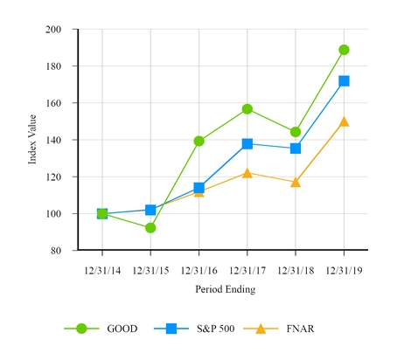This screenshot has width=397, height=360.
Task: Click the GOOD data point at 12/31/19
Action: click(344, 50)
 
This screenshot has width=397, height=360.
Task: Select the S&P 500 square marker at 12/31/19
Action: click(344, 81)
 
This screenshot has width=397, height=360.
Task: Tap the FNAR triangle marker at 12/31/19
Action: click(344, 121)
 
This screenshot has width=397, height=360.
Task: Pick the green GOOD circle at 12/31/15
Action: click(150, 228)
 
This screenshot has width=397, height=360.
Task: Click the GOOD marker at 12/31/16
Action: click(199, 141)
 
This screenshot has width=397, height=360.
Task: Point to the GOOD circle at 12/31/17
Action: click(247, 109)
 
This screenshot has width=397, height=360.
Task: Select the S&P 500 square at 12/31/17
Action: click(247, 143)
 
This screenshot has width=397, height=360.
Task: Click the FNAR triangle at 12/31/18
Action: click(296, 182)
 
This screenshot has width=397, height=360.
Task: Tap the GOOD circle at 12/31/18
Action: click(296, 132)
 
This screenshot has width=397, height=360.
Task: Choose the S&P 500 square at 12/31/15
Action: click(150, 210)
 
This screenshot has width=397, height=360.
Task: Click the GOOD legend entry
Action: click(104, 328)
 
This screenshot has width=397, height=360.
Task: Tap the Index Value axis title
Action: click(32, 140)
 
